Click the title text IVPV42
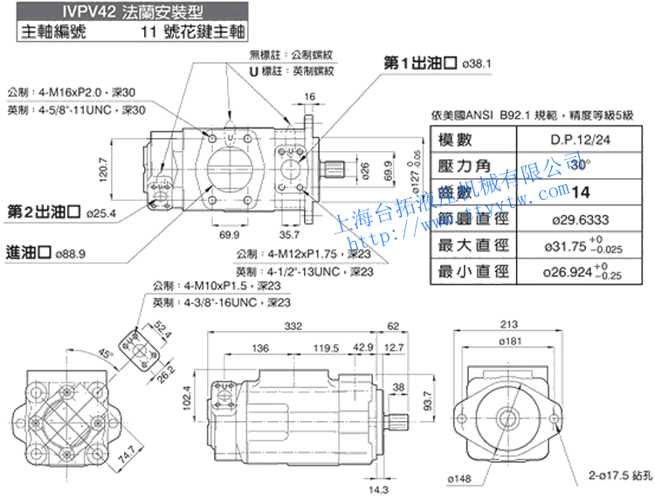(50, 11)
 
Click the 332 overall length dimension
(294, 326)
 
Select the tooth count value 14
(577, 192)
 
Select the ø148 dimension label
(460, 479)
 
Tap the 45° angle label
(106, 355)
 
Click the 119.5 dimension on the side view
(327, 349)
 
